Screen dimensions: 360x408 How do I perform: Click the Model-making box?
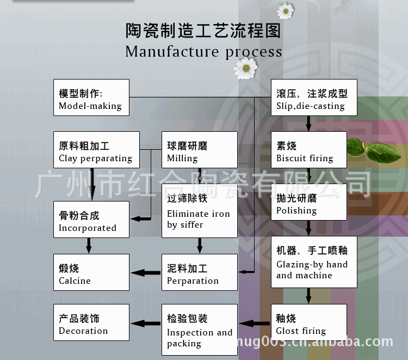(91, 97)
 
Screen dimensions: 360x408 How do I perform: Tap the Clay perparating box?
(96, 150)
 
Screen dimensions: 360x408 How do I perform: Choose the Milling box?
(200, 150)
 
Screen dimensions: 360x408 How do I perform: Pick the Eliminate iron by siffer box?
(200, 211)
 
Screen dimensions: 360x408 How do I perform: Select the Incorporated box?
(91, 219)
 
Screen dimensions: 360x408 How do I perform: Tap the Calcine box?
(91, 272)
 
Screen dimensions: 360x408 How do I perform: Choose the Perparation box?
(200, 272)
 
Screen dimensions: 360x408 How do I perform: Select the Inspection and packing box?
(200, 330)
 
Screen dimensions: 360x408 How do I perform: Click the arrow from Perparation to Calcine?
(145, 272)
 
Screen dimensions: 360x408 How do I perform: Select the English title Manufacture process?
(203, 52)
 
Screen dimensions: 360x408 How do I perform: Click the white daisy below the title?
(245, 68)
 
